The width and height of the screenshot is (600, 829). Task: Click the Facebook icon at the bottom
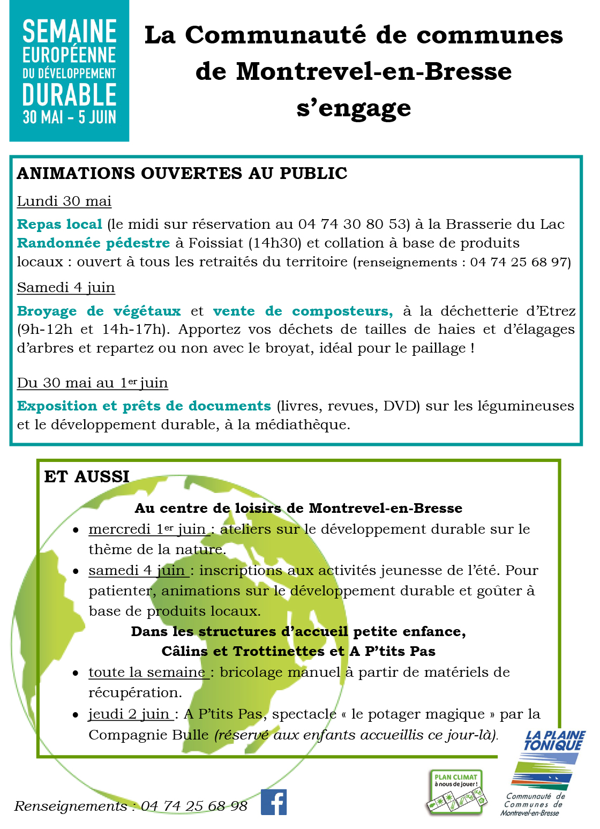click(x=274, y=802)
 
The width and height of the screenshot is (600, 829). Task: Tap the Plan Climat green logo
click(x=456, y=792)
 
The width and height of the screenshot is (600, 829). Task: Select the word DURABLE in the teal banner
click(x=70, y=95)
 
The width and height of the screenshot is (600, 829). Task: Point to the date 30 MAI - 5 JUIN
click(x=70, y=117)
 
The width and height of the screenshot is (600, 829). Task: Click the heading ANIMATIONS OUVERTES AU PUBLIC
click(x=182, y=174)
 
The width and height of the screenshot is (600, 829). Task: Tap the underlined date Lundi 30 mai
click(x=64, y=201)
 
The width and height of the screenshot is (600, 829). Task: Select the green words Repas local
click(x=59, y=224)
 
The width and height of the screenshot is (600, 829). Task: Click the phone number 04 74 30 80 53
click(x=354, y=224)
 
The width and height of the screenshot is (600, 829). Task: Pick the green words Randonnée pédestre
click(x=93, y=243)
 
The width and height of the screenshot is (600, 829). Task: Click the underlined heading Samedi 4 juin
click(x=66, y=288)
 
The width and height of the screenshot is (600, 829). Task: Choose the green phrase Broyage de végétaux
click(x=99, y=311)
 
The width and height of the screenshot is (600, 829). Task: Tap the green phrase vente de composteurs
click(x=303, y=311)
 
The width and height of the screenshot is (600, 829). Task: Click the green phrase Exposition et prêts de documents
click(x=144, y=406)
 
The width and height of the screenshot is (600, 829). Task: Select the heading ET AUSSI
click(x=87, y=476)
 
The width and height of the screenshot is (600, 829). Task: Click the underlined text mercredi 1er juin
click(x=147, y=529)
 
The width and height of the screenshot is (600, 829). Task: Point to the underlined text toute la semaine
click(x=147, y=673)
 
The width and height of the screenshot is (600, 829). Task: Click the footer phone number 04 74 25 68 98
click(x=194, y=806)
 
